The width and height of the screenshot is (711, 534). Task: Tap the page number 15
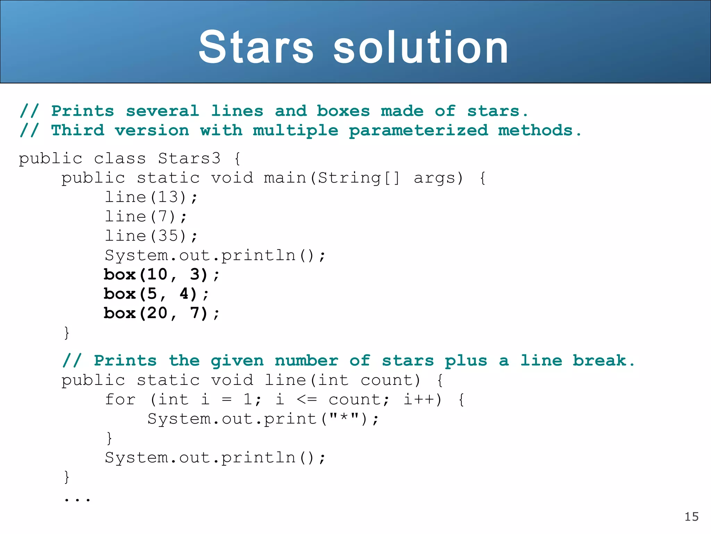tap(691, 517)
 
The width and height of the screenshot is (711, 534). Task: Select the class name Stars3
tap(189, 159)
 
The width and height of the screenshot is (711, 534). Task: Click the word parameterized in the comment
tap(418, 131)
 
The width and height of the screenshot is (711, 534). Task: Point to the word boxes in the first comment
tap(343, 111)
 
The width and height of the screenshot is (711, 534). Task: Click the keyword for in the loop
tap(120, 399)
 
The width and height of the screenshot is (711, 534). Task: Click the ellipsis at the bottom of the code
tap(77, 499)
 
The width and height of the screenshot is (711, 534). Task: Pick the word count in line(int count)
tap(390, 380)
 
